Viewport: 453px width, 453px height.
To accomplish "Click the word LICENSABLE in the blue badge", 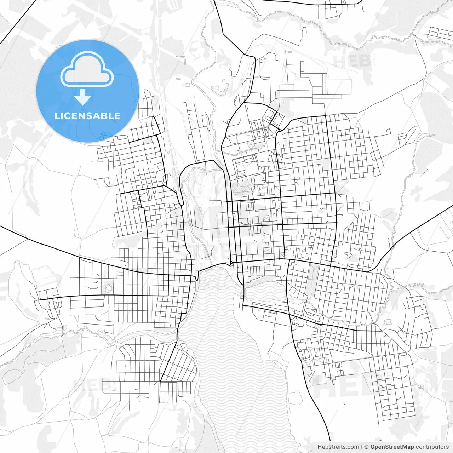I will (87, 116).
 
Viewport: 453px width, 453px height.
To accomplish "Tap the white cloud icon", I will (87, 69).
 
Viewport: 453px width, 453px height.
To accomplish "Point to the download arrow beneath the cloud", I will (83, 97).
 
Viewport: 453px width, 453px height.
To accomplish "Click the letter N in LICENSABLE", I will (81, 116).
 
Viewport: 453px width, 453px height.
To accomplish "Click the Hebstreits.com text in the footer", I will (338, 447).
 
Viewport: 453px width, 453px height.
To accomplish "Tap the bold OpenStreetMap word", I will (392, 447).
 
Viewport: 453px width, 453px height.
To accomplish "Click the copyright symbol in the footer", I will (367, 447).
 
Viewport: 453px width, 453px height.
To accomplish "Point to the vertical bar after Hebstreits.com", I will (361, 447).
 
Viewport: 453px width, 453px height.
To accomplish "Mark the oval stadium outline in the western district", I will (108, 287).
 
